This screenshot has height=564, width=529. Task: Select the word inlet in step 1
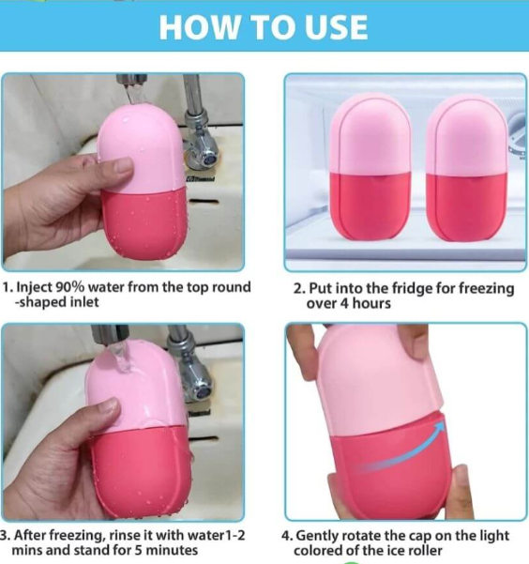(84, 302)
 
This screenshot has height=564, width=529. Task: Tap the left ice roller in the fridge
(370, 166)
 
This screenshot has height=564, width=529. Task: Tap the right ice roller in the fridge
(467, 168)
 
